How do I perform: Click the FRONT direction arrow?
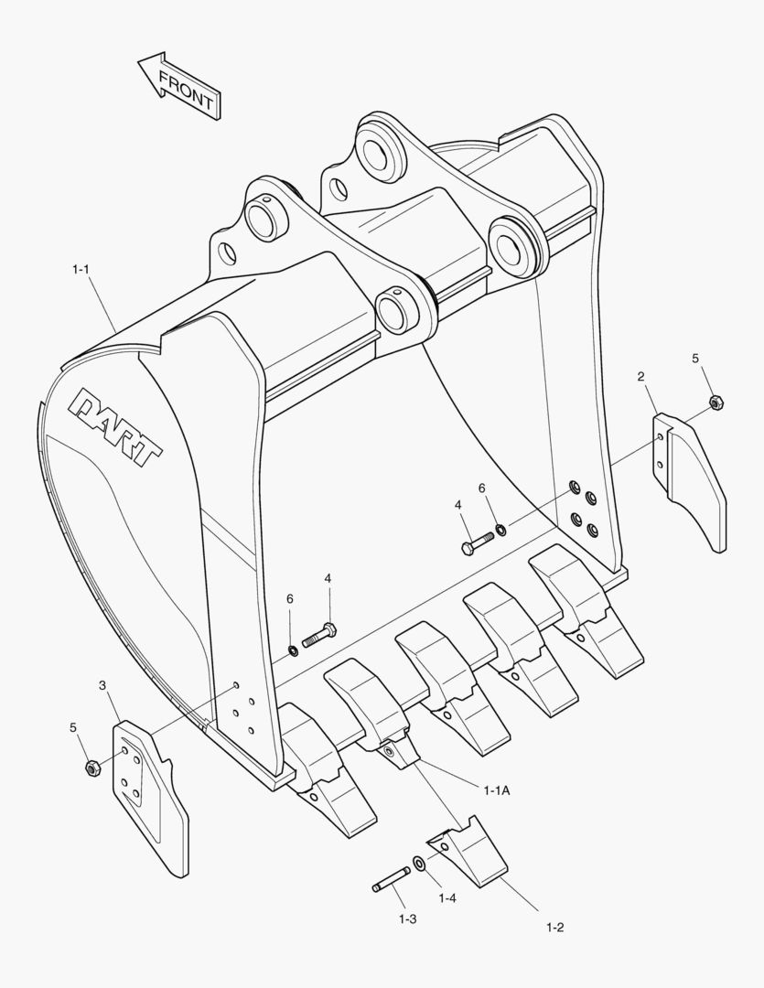pos(178,85)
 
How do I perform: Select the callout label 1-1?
pos(82,270)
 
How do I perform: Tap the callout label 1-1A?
pos(496,789)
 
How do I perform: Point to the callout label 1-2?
pos(554,927)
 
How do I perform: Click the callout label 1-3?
pos(408,917)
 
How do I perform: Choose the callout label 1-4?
pos(447,898)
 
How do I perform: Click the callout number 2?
pos(640,377)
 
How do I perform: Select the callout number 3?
pos(102,685)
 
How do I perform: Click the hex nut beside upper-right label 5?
pos(716,401)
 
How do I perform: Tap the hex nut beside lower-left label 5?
pos(91,768)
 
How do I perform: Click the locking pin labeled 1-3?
pos(390,880)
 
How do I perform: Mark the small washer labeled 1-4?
pos(418,863)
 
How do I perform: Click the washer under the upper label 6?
pos(501,529)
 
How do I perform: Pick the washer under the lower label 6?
pos(292,650)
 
